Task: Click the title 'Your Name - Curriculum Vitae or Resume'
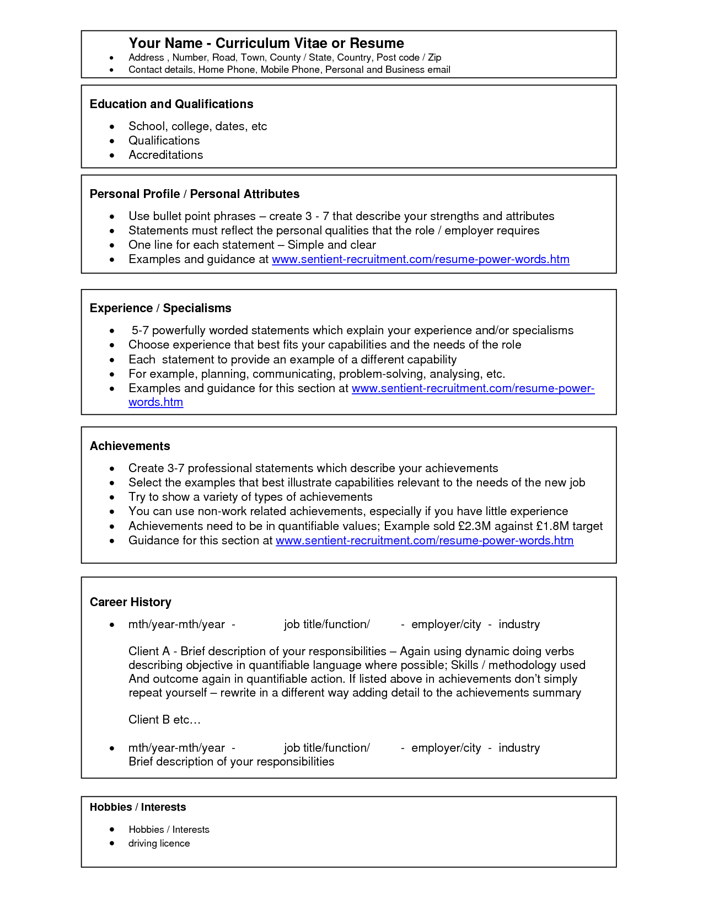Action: [266, 43]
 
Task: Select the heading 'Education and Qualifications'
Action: [171, 104]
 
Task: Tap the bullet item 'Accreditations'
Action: [165, 155]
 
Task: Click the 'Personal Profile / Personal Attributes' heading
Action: [195, 194]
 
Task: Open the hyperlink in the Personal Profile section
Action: [420, 259]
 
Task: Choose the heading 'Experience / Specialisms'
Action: [160, 308]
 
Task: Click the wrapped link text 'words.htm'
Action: [155, 402]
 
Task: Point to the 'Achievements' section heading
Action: [130, 446]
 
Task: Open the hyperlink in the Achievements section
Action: [425, 540]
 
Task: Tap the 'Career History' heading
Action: [131, 602]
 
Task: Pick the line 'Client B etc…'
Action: [164, 720]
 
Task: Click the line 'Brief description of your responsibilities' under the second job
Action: [231, 762]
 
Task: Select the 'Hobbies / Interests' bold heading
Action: [138, 807]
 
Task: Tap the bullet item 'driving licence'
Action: [159, 843]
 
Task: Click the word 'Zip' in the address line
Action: [434, 57]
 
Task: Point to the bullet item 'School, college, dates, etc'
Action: [197, 126]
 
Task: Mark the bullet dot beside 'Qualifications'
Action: [112, 141]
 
